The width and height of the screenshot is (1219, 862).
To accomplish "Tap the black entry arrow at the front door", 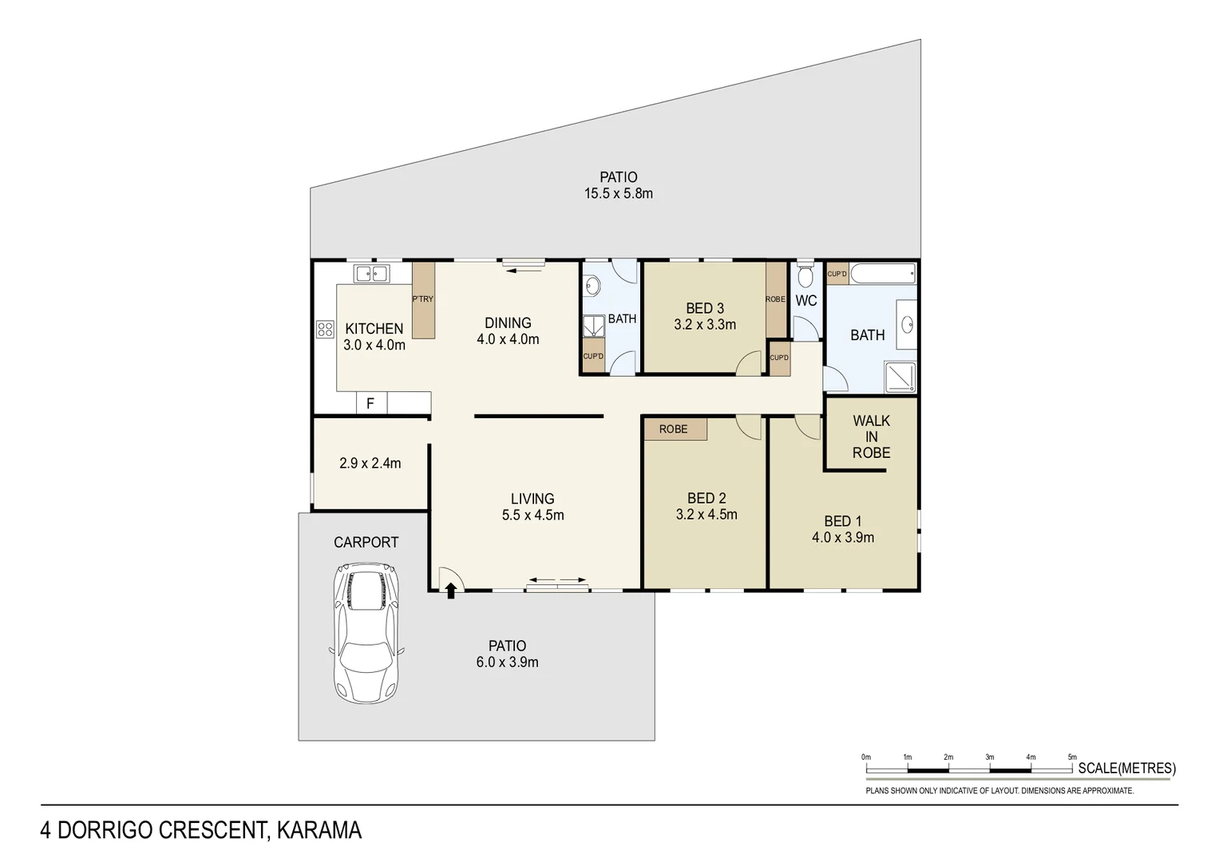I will [451, 591].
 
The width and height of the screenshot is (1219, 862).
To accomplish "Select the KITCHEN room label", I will [374, 328].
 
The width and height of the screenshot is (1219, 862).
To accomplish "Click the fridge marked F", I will [370, 403].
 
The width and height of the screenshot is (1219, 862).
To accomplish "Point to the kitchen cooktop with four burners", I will [325, 329].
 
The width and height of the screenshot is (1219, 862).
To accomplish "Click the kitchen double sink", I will [371, 274].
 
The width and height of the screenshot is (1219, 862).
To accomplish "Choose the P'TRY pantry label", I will [422, 299].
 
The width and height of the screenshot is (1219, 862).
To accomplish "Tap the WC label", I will [806, 301].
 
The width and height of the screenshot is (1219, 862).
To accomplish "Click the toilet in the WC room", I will [805, 275].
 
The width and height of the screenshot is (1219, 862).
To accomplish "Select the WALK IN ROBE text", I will [871, 437].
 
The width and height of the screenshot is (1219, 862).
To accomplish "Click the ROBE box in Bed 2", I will [674, 429].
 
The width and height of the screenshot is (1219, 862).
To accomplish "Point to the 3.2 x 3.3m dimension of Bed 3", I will [705, 325].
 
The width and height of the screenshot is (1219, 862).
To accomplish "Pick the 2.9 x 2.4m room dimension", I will [370, 463].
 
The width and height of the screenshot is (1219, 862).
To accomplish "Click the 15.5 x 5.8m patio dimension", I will [618, 194].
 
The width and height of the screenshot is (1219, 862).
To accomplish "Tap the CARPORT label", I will [366, 543].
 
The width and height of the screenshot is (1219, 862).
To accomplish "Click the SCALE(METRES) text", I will [1126, 769].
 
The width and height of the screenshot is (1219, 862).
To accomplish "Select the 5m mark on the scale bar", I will [1072, 757].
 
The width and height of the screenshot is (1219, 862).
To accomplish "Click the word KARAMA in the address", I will [319, 831].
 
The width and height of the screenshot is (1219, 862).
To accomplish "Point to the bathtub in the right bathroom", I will [883, 274].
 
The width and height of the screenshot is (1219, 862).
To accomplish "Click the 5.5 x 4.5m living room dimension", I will [532, 516].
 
